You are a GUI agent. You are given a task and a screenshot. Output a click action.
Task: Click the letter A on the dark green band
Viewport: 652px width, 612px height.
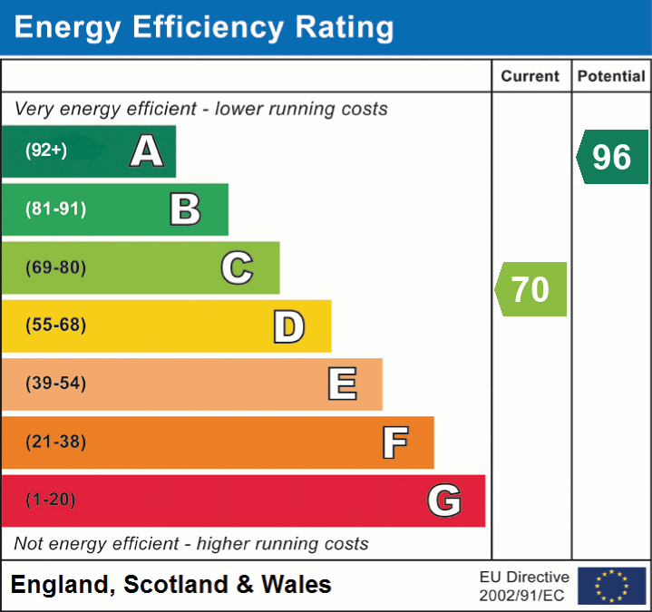click(x=147, y=151)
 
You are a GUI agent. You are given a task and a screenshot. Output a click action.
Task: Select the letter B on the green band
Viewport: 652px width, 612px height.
click(x=185, y=209)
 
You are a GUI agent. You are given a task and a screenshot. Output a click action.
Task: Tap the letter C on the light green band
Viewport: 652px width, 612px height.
click(x=237, y=267)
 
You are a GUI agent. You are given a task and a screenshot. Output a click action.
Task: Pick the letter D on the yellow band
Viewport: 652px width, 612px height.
click(x=289, y=326)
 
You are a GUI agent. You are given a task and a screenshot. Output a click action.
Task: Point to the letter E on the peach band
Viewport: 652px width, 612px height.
click(x=342, y=384)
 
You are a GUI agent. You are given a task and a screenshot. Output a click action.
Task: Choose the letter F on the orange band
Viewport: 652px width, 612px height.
click(x=394, y=442)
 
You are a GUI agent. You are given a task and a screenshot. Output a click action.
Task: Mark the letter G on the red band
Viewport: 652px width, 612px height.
click(x=444, y=500)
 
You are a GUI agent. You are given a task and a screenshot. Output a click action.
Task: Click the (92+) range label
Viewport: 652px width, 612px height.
click(x=46, y=151)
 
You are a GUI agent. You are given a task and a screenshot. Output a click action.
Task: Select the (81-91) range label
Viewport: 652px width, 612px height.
click(x=56, y=209)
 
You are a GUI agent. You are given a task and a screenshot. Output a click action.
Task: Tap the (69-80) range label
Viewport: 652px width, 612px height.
click(x=56, y=267)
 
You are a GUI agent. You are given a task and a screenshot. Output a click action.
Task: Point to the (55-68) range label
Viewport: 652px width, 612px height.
click(x=56, y=325)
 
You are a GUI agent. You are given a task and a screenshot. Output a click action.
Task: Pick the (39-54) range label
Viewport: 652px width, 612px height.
click(x=56, y=384)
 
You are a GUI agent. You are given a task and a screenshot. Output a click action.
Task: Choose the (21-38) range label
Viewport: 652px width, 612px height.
click(x=56, y=442)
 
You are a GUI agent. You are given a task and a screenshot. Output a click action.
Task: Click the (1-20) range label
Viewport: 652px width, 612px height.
click(x=51, y=500)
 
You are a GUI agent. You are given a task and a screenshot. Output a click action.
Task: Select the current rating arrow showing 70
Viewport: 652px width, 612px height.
click(x=531, y=289)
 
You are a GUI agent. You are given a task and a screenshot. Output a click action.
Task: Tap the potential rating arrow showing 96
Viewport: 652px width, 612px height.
click(x=612, y=157)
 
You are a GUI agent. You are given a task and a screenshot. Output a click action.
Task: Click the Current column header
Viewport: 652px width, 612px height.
click(x=531, y=77)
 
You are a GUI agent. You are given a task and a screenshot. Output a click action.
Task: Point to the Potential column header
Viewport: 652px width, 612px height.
click(x=611, y=77)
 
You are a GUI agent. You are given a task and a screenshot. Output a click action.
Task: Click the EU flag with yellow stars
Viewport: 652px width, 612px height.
click(x=611, y=586)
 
